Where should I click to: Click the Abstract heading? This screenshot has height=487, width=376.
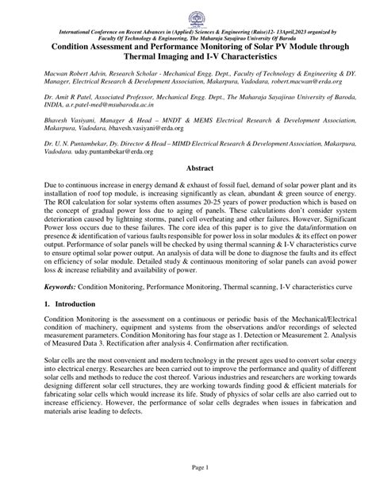(x=187, y=191)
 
